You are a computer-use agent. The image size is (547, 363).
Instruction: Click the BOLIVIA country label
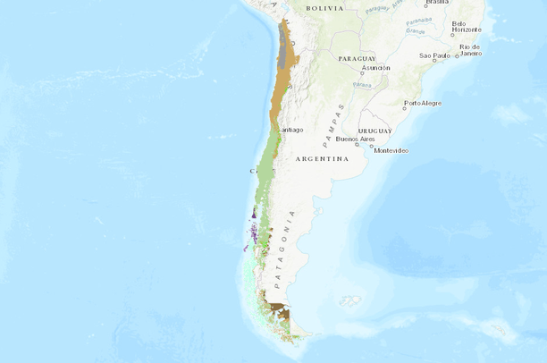point(324,8)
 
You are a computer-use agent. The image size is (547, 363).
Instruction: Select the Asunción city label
point(375,68)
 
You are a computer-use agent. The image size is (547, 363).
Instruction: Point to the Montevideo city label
point(391,150)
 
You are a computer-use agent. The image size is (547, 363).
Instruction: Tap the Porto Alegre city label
point(423,103)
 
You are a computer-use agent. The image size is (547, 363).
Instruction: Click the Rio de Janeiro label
point(470,49)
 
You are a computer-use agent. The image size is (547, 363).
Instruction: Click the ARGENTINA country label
point(321,158)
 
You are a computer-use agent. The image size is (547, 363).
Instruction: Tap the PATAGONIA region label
point(284,249)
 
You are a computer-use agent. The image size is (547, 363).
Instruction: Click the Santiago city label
point(291,130)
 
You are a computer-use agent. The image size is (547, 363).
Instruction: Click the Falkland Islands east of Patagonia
point(349,301)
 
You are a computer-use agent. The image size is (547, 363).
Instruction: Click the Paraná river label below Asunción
point(362,85)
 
